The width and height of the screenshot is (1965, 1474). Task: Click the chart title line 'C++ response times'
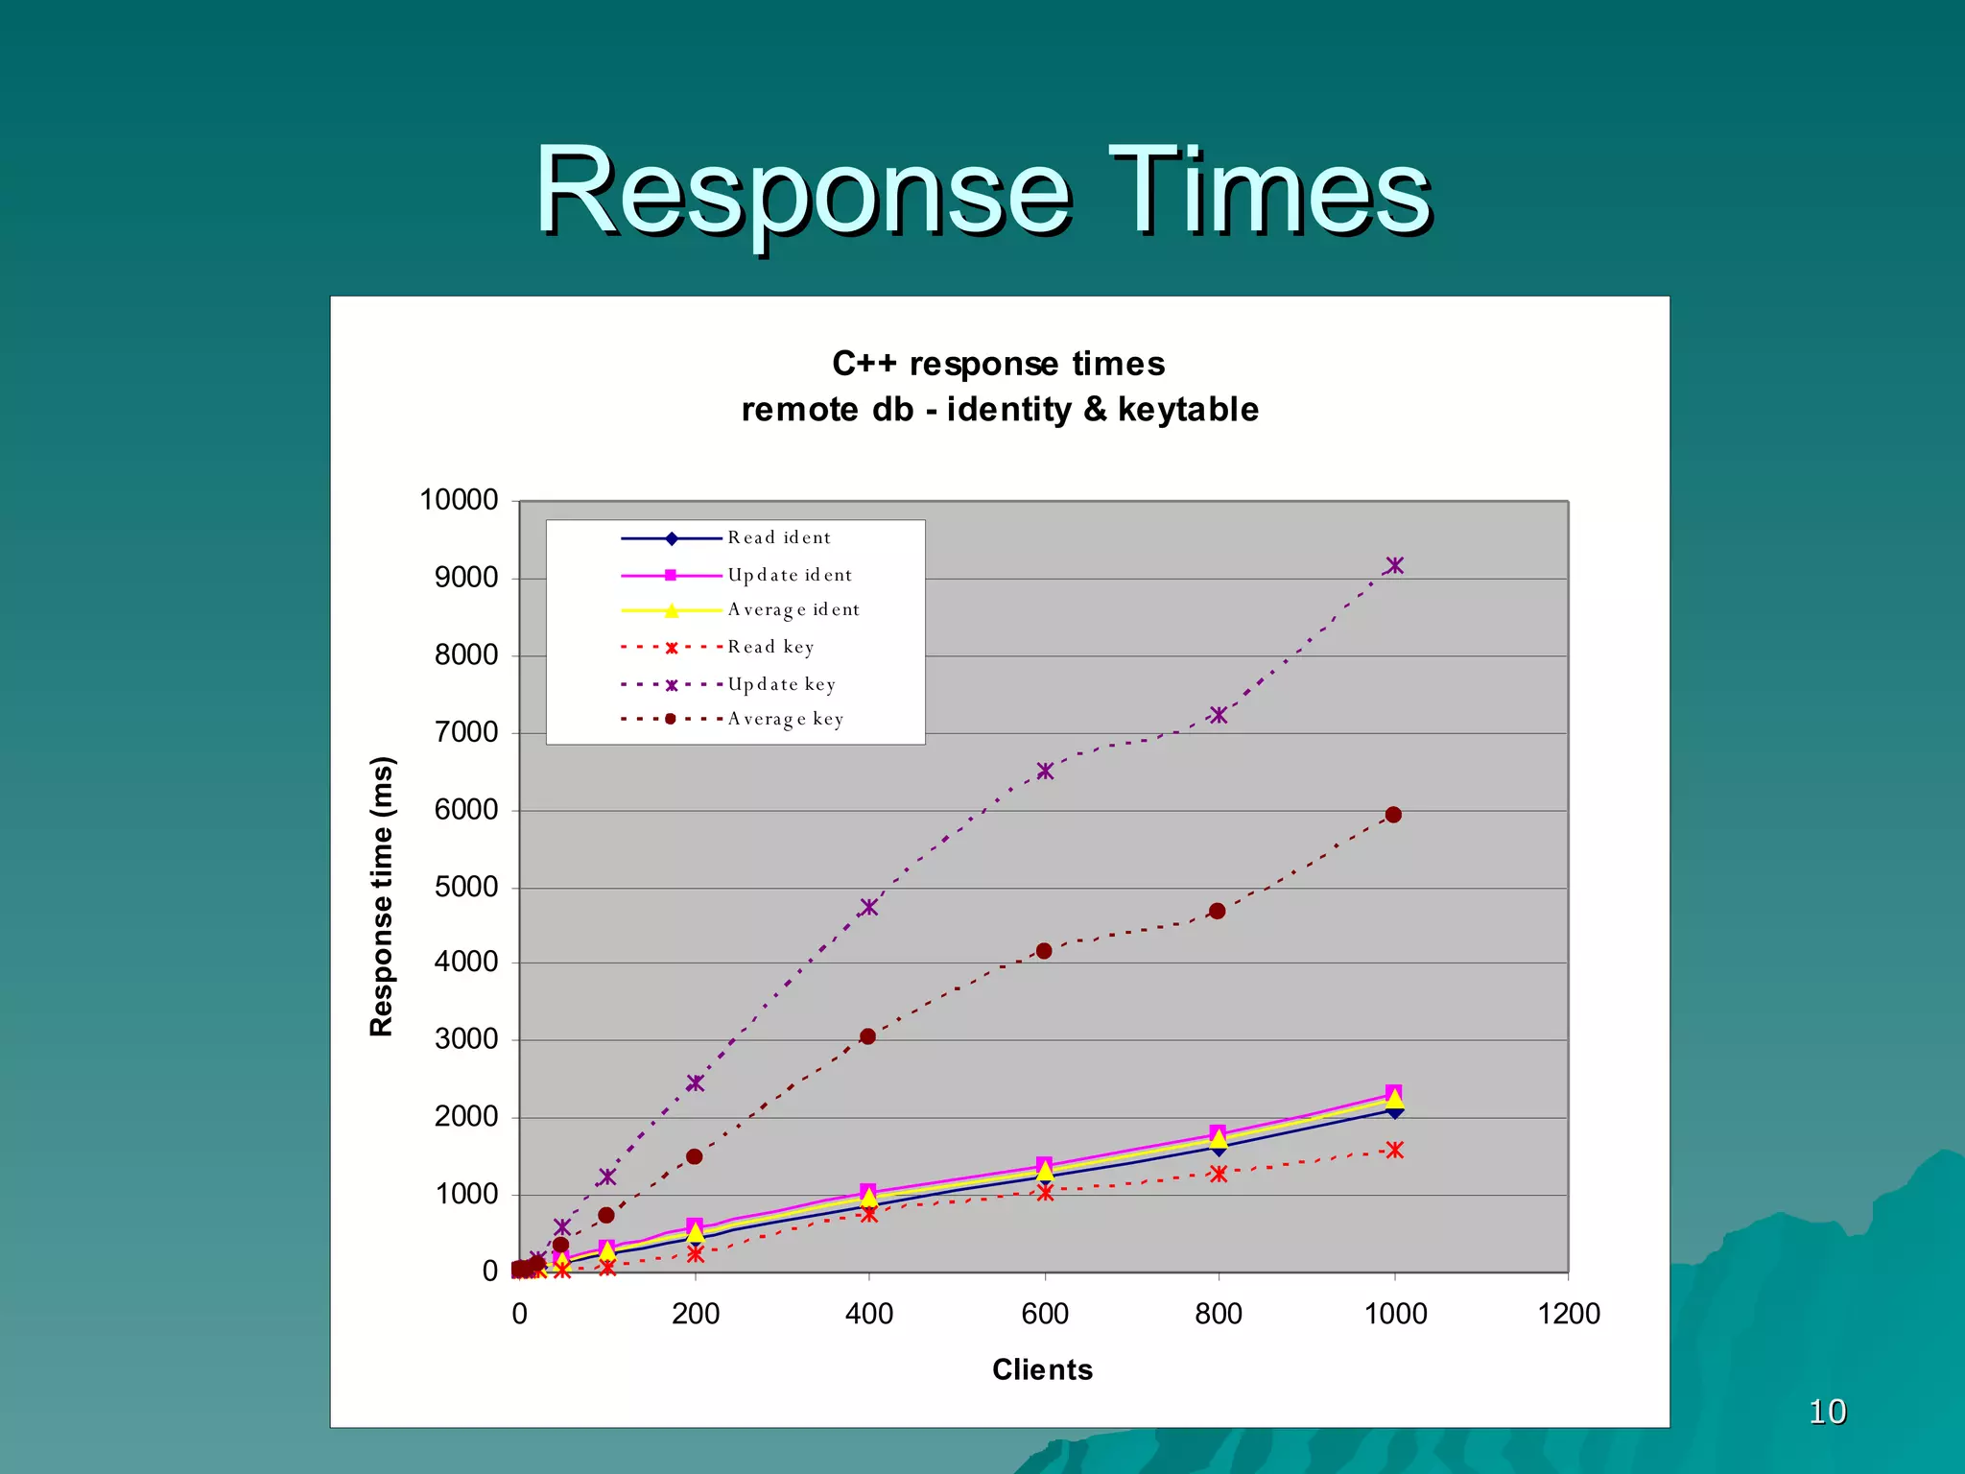click(x=998, y=364)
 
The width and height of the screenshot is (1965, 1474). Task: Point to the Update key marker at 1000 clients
click(x=1394, y=565)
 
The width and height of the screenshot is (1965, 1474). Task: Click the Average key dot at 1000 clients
click(x=1393, y=815)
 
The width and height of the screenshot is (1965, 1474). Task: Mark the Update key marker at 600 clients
click(x=1045, y=771)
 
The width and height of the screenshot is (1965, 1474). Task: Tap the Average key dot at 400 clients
click(x=867, y=1036)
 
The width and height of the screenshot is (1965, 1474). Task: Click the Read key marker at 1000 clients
click(x=1394, y=1150)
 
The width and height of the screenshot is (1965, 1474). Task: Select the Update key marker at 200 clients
click(x=696, y=1082)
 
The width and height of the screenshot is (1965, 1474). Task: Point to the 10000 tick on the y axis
click(x=459, y=500)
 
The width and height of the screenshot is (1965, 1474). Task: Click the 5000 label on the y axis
click(x=465, y=887)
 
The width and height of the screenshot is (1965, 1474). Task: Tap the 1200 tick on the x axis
click(x=1568, y=1314)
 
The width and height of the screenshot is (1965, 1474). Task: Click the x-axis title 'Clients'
click(x=1042, y=1369)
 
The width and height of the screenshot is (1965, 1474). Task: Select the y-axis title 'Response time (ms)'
click(x=381, y=895)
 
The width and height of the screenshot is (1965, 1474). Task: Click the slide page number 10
click(x=1827, y=1412)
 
